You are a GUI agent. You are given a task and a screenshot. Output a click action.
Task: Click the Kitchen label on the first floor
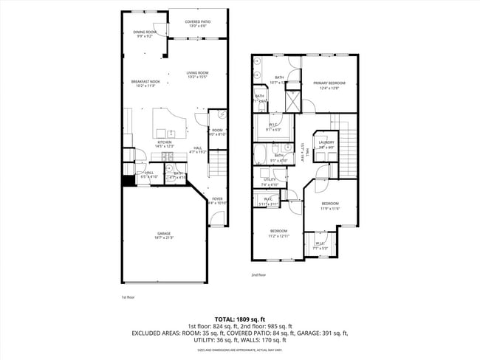point(164,144)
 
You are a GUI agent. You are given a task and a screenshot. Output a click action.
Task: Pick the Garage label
point(163,235)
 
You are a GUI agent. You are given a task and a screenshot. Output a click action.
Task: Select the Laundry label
point(326,144)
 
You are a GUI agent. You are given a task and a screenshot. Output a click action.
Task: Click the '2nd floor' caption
point(258,274)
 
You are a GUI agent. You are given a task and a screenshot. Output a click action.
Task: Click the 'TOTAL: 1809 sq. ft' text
point(240,317)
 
